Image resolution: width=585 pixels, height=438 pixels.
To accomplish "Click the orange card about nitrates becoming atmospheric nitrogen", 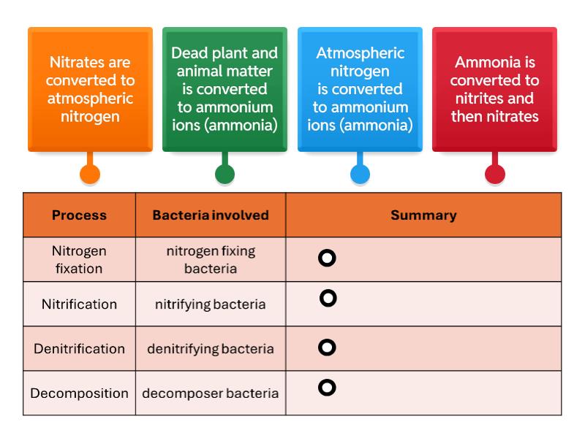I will [90, 89].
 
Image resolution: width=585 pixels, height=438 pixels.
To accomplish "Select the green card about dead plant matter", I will [224, 89].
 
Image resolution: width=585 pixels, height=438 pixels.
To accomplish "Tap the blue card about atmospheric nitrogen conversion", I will [360, 89].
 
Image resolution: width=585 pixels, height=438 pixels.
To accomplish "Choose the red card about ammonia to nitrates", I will [494, 89].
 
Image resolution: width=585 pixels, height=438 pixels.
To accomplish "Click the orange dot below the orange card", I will [90, 174].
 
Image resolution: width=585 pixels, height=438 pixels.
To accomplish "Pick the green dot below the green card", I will [224, 174].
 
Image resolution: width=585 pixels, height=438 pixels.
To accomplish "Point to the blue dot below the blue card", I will [360, 174].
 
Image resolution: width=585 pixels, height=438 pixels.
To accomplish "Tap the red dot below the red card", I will [495, 174].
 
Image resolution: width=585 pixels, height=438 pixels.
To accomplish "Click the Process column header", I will [79, 215].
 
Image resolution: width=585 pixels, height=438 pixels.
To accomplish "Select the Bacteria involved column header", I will [211, 215].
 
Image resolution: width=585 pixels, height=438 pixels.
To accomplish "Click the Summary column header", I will [423, 215].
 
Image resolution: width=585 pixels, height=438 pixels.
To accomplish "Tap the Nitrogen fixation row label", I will [79, 259].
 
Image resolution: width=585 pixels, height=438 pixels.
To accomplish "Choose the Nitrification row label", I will [79, 304].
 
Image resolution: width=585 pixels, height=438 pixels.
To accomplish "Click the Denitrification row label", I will [79, 348].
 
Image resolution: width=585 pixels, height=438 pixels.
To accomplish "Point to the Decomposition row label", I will [79, 393].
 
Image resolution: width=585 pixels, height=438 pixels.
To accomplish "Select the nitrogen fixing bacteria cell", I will [211, 259].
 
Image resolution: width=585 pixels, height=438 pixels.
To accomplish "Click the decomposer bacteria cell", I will [211, 393].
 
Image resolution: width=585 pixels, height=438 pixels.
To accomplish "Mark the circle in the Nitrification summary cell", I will [328, 298].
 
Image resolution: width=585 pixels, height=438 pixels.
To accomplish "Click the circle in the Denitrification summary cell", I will [328, 347].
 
